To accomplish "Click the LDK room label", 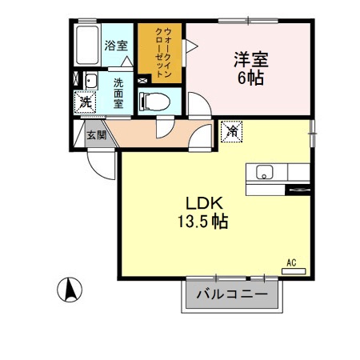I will point(205,202).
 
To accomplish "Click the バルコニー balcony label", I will point(233,295).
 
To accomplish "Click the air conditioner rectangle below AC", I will point(294,270).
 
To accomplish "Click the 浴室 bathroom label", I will point(115,46).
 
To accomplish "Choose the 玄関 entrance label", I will point(96,134).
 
